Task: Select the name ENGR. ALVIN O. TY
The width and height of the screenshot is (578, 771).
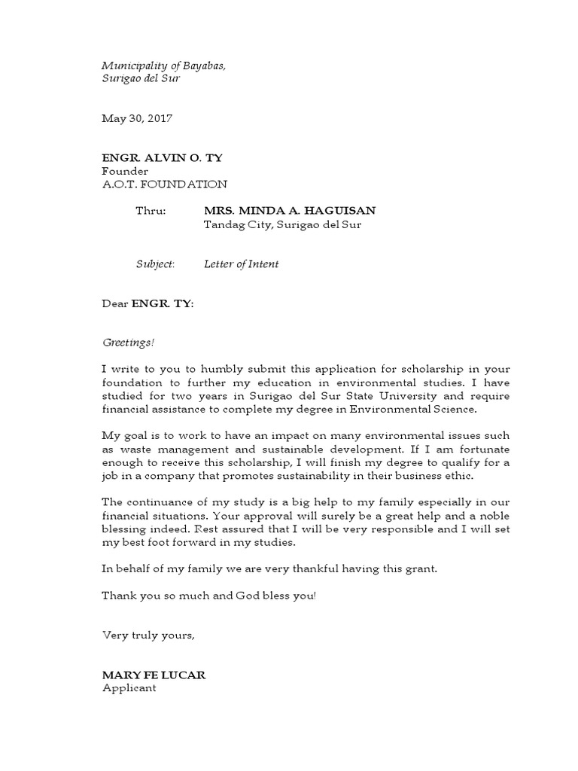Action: pyautogui.click(x=162, y=158)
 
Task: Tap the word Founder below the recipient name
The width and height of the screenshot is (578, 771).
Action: pyautogui.click(x=125, y=171)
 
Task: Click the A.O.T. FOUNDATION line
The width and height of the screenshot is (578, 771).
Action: pyautogui.click(x=164, y=184)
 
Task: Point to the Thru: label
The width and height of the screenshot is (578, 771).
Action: pyautogui.click(x=150, y=212)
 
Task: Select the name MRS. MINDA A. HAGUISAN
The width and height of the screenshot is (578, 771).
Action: pyautogui.click(x=289, y=212)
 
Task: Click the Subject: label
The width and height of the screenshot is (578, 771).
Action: pyautogui.click(x=155, y=264)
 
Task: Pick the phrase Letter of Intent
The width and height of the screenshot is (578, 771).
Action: pyautogui.click(x=241, y=264)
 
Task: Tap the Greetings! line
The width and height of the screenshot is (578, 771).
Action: pyautogui.click(x=128, y=343)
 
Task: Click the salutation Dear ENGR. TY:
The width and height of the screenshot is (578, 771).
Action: pyautogui.click(x=148, y=304)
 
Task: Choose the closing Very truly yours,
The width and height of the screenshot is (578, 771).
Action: pyautogui.click(x=148, y=635)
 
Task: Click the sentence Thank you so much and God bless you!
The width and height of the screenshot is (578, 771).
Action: pyautogui.click(x=209, y=596)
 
